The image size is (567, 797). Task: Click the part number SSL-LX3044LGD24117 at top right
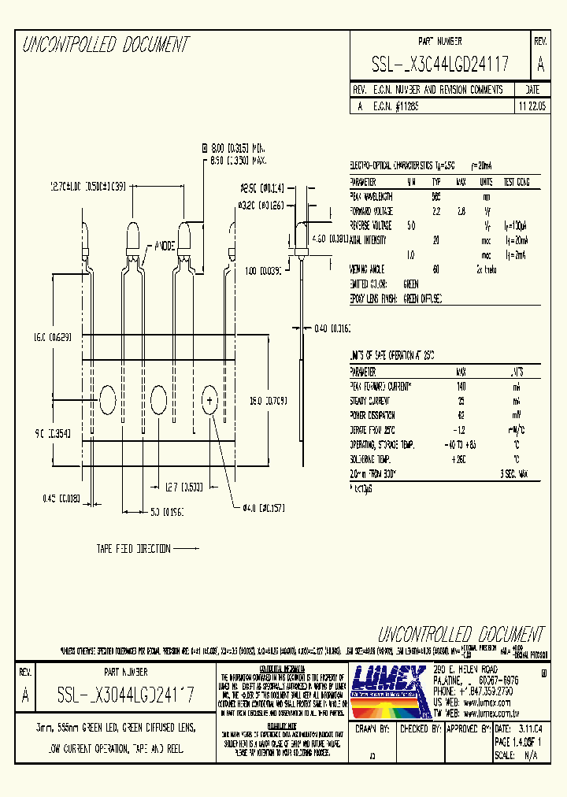point(439,64)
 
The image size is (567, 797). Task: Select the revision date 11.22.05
point(532,104)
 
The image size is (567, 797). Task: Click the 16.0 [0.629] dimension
point(51,337)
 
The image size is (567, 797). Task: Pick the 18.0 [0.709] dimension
point(268,400)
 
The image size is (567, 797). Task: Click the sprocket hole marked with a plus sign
point(210,401)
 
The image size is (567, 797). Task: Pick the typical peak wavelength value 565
point(435,196)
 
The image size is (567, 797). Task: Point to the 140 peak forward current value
point(460,387)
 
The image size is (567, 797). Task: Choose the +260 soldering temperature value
point(459,458)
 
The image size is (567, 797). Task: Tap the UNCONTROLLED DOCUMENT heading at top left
point(106,45)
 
